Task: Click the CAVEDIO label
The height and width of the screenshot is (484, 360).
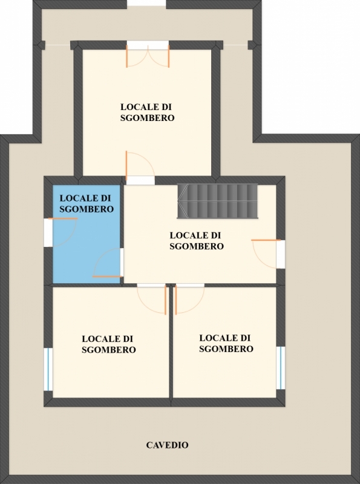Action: pyautogui.click(x=167, y=445)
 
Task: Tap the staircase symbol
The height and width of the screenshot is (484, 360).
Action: pyautogui.click(x=217, y=201)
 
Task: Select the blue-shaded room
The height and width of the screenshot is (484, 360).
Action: pyautogui.click(x=87, y=234)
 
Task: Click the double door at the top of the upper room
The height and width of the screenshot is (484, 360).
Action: pyautogui.click(x=148, y=56)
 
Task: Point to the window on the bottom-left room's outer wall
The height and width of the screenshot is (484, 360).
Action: pyautogui.click(x=48, y=369)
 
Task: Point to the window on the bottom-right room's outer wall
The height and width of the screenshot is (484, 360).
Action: pyautogui.click(x=280, y=368)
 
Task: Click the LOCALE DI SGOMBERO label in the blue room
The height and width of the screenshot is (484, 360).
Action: pyautogui.click(x=87, y=203)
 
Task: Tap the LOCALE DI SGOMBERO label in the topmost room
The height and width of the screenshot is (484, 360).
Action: pyautogui.click(x=147, y=113)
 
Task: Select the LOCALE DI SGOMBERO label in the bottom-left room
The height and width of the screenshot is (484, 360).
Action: pyautogui.click(x=109, y=344)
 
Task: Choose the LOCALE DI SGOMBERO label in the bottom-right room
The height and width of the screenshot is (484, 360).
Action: pyautogui.click(x=226, y=343)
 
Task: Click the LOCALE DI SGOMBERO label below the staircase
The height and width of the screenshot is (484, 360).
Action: pyautogui.click(x=197, y=241)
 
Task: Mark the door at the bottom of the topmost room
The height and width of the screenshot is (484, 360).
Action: pyautogui.click(x=140, y=165)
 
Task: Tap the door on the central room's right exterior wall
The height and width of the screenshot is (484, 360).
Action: pyautogui.click(x=266, y=253)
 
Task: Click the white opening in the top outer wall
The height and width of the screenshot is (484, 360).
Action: pyautogui.click(x=146, y=3)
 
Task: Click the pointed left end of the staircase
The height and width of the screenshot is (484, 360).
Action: pyautogui.click(x=178, y=201)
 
